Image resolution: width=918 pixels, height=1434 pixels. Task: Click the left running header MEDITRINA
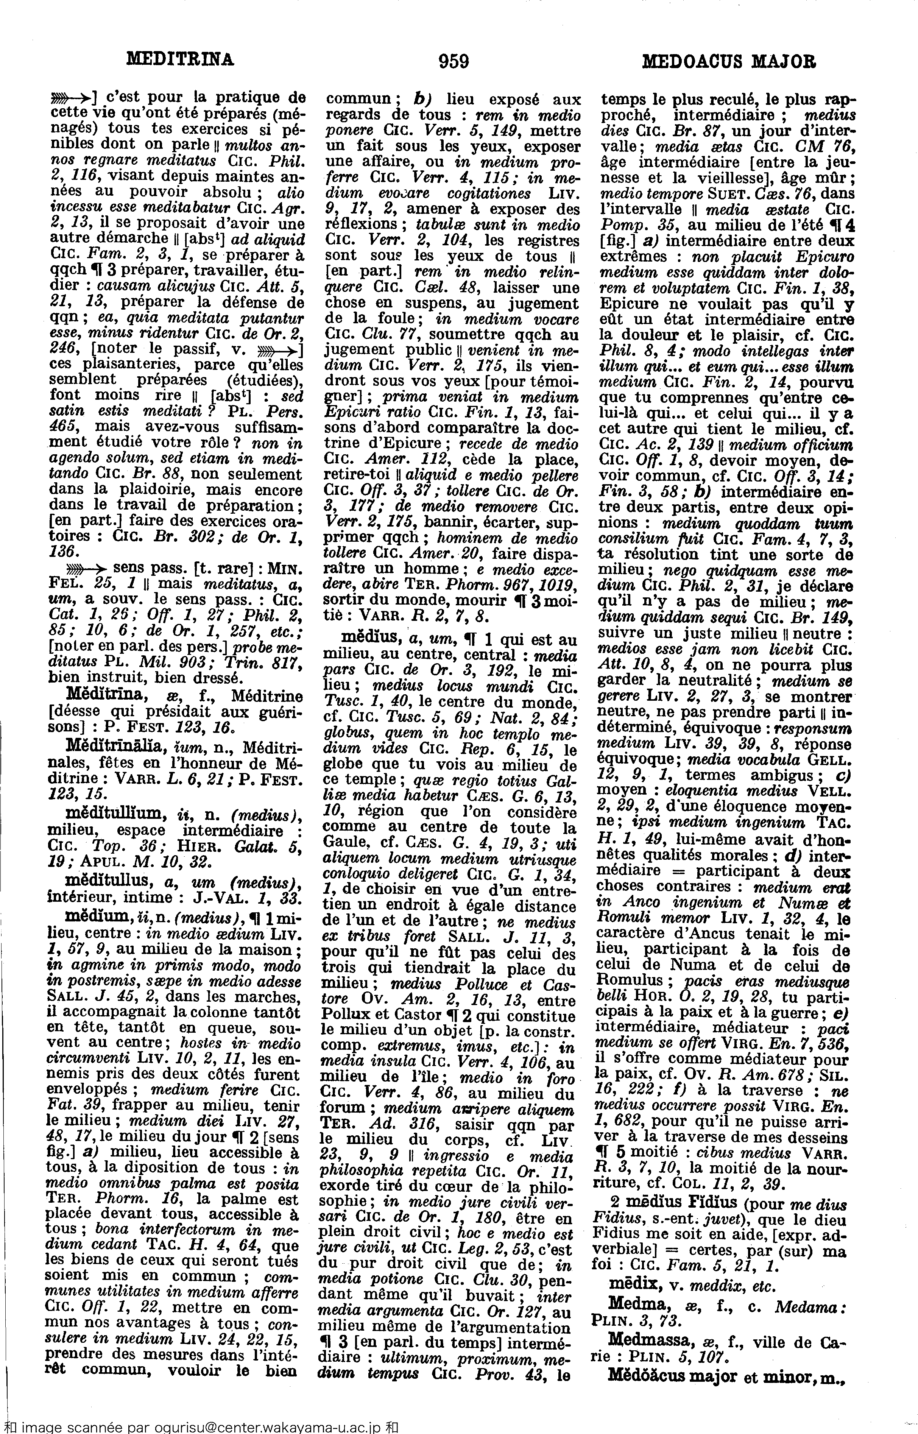click(x=181, y=59)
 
